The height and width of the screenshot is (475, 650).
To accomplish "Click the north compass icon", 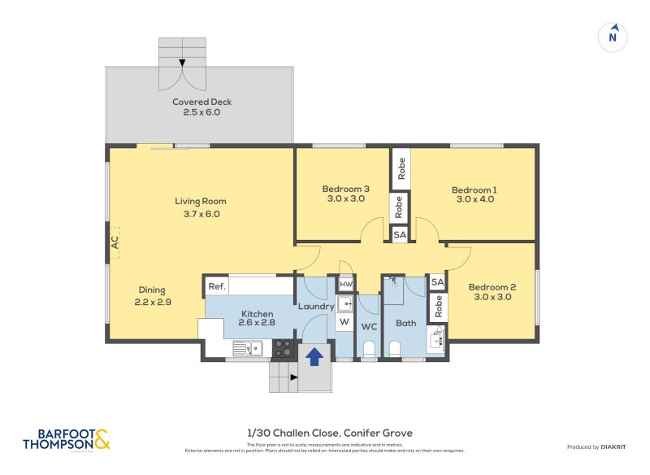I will coord(613,36).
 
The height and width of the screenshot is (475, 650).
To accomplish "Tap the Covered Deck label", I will coord(201,107).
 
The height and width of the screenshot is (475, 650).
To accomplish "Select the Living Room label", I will coord(201,207).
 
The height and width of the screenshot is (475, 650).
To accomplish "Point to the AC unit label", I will coord(115,242).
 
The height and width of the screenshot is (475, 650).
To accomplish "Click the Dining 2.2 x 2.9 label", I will coord(152,295).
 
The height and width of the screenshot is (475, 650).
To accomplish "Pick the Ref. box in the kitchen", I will coord(216,286).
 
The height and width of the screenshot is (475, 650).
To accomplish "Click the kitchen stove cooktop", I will coord(282,348).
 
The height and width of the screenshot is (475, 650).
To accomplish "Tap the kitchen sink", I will coord(247,348).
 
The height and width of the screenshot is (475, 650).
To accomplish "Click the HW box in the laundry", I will coord(345,284).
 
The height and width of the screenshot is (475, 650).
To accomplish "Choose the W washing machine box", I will coord(344,322).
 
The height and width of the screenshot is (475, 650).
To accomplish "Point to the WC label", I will coord(369,326).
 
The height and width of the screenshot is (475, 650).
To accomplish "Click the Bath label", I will coord(405,323).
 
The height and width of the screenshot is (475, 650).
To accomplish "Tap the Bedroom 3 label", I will coord(346,194).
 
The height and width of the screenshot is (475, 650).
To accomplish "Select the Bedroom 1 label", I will coord(474,195).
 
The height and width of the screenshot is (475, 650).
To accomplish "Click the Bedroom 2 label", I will coord(492,292).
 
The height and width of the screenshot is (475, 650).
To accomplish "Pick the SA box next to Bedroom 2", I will coord(437,282).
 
